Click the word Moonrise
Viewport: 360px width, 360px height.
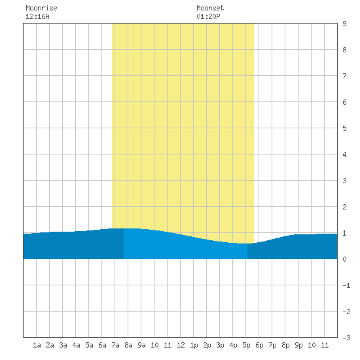tap(41, 8)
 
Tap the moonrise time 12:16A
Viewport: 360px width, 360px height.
tap(37, 16)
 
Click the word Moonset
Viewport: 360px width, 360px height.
tap(210, 8)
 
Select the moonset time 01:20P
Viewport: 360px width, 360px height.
tap(208, 16)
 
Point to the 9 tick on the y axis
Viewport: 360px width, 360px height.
tap(344, 24)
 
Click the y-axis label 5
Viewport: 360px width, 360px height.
tap(344, 128)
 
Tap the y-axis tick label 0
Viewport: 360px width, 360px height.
tap(344, 259)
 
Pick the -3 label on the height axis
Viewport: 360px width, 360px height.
tap(346, 338)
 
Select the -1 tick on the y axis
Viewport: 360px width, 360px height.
tap(346, 285)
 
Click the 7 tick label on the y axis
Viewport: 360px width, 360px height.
tap(344, 76)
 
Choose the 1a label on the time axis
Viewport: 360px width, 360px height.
tap(37, 345)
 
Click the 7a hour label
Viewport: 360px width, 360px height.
tap(115, 345)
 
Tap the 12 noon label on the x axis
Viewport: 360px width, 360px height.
tap(181, 345)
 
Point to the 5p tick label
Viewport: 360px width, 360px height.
tap(246, 345)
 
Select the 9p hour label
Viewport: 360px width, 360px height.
tap(298, 345)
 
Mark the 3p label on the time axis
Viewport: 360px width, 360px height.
tap(220, 345)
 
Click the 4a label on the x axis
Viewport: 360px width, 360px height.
tap(76, 345)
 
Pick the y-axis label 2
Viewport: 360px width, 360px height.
tap(344, 207)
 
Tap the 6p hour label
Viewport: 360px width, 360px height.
tap(259, 345)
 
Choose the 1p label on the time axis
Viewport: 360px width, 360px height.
tap(194, 345)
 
